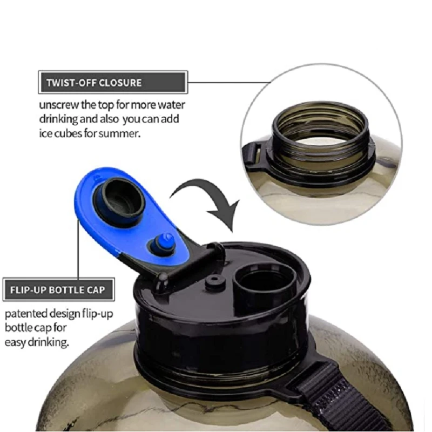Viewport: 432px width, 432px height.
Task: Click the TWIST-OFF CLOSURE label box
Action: coord(112,83)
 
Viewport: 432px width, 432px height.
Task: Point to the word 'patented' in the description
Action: coord(25,314)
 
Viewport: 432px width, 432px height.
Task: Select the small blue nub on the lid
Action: coord(164,242)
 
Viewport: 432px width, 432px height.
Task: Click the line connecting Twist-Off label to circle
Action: coord(230,83)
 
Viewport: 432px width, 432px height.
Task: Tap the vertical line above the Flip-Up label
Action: coord(79,254)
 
